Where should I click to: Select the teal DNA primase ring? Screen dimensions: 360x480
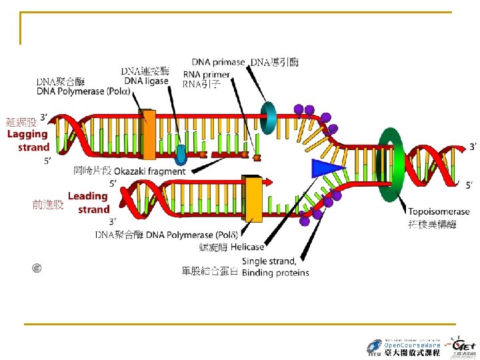tap(270, 117)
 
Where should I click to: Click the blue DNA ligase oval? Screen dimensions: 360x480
tap(181, 155)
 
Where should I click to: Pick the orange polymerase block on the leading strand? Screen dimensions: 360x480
tap(253, 198)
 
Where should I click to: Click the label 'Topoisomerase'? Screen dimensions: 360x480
tap(439, 212)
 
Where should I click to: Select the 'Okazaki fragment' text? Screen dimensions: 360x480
tap(149, 171)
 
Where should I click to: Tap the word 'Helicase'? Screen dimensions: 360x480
tap(247, 247)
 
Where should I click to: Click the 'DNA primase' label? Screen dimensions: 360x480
tap(219, 62)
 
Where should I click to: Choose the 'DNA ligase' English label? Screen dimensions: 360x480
tap(146, 81)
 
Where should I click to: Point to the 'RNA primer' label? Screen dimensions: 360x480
tap(207, 74)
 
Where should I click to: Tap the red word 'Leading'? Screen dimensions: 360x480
tap(87, 196)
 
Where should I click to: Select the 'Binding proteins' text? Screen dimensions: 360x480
tap(275, 273)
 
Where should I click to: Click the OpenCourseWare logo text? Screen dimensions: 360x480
tap(413, 345)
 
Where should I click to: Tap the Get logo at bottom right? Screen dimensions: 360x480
tap(463, 346)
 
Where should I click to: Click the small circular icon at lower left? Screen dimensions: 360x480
tap(38, 268)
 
